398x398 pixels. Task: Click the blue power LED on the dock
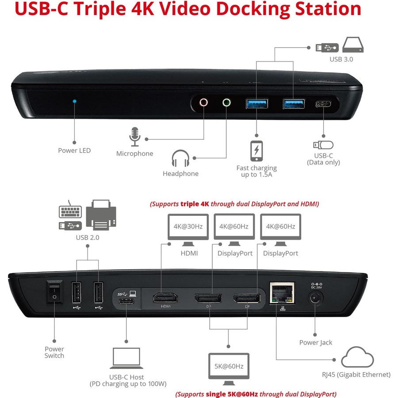click(74, 101)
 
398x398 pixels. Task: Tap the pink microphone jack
click(203, 103)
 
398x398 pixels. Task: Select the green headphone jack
click(226, 103)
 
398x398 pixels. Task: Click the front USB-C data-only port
click(323, 104)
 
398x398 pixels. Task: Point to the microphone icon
click(135, 137)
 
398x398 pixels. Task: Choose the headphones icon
click(180, 158)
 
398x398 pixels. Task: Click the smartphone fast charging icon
click(256, 151)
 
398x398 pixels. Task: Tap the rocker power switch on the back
click(54, 292)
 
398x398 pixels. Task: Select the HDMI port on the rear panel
click(165, 298)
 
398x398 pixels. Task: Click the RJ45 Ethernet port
click(282, 293)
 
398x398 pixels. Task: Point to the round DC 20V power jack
click(315, 298)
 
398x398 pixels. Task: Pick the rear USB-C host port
click(126, 302)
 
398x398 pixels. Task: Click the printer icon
click(101, 215)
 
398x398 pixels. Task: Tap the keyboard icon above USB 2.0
click(70, 210)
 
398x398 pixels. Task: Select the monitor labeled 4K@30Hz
click(188, 230)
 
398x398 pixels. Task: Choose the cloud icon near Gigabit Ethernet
click(357, 357)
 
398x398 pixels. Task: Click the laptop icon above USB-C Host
click(126, 358)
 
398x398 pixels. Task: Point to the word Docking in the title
click(253, 9)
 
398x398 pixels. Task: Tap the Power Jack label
click(315, 343)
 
